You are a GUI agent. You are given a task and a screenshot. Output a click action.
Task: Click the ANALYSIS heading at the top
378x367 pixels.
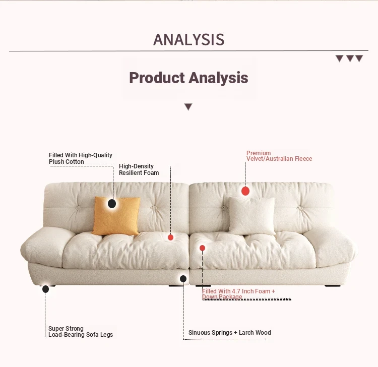click(x=189, y=39)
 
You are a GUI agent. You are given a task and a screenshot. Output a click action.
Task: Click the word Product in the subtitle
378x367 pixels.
click(x=157, y=78)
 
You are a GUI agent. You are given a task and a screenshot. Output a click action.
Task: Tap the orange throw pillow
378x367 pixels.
click(x=116, y=216)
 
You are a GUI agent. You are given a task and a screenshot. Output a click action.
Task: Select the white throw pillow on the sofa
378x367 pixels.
click(x=252, y=216)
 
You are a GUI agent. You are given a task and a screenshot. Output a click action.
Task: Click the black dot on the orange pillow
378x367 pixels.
click(x=112, y=204)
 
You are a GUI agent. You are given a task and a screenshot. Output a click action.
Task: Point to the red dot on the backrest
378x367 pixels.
click(x=245, y=191)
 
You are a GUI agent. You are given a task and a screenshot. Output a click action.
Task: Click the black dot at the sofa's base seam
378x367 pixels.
click(x=183, y=279)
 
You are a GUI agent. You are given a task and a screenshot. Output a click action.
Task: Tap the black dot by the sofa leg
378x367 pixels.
click(x=45, y=289)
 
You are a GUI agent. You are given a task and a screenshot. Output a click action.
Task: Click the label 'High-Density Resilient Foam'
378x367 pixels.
click(x=139, y=169)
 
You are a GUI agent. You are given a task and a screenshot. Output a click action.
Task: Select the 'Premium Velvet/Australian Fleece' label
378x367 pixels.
click(x=279, y=156)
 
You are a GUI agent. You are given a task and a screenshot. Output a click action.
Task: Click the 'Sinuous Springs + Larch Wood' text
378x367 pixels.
click(x=229, y=333)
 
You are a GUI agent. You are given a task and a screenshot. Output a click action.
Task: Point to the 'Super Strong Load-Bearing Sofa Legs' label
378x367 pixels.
click(x=81, y=332)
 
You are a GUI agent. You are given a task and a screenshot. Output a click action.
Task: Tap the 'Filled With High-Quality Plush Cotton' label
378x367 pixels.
click(x=81, y=158)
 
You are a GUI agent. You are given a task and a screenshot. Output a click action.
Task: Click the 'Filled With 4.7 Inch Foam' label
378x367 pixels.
click(x=238, y=294)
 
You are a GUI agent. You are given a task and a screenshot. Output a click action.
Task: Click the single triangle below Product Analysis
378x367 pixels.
click(x=188, y=106)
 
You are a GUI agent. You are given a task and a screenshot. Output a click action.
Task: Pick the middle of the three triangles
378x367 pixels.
click(x=350, y=58)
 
